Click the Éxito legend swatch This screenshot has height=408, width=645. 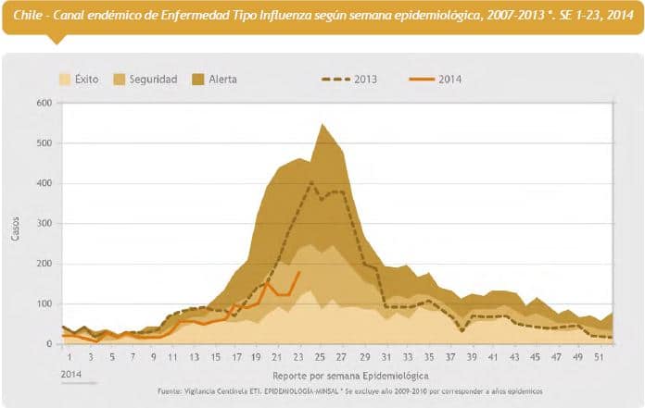(x=65, y=80)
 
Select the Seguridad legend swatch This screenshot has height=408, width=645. (x=119, y=80)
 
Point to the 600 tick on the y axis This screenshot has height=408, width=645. (x=44, y=103)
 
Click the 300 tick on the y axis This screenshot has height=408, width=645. (x=44, y=224)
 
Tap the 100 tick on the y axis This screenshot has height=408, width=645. (x=44, y=304)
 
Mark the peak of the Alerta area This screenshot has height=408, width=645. (x=322, y=124)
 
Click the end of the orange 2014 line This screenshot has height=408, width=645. (x=300, y=272)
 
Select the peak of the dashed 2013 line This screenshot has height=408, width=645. (x=311, y=182)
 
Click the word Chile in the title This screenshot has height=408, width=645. (x=29, y=15)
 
